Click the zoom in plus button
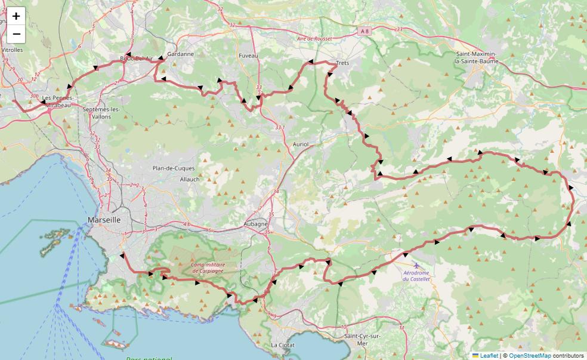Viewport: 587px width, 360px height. [16, 16]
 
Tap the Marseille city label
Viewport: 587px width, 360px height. [104, 220]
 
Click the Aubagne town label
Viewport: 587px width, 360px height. [256, 223]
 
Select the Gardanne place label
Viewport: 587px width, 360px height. [181, 54]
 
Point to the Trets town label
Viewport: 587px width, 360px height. [342, 63]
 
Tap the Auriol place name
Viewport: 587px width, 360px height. [301, 144]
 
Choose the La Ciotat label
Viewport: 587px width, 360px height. [283, 345]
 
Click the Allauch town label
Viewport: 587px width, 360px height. [190, 179]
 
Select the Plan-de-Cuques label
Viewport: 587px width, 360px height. [174, 168]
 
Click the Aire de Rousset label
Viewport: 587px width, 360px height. [314, 39]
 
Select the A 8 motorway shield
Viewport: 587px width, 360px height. [365, 29]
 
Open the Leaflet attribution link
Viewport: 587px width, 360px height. [489, 355]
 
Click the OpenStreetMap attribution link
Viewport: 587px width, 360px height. [530, 355]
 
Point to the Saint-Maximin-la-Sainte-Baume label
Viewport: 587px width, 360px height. [475, 57]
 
